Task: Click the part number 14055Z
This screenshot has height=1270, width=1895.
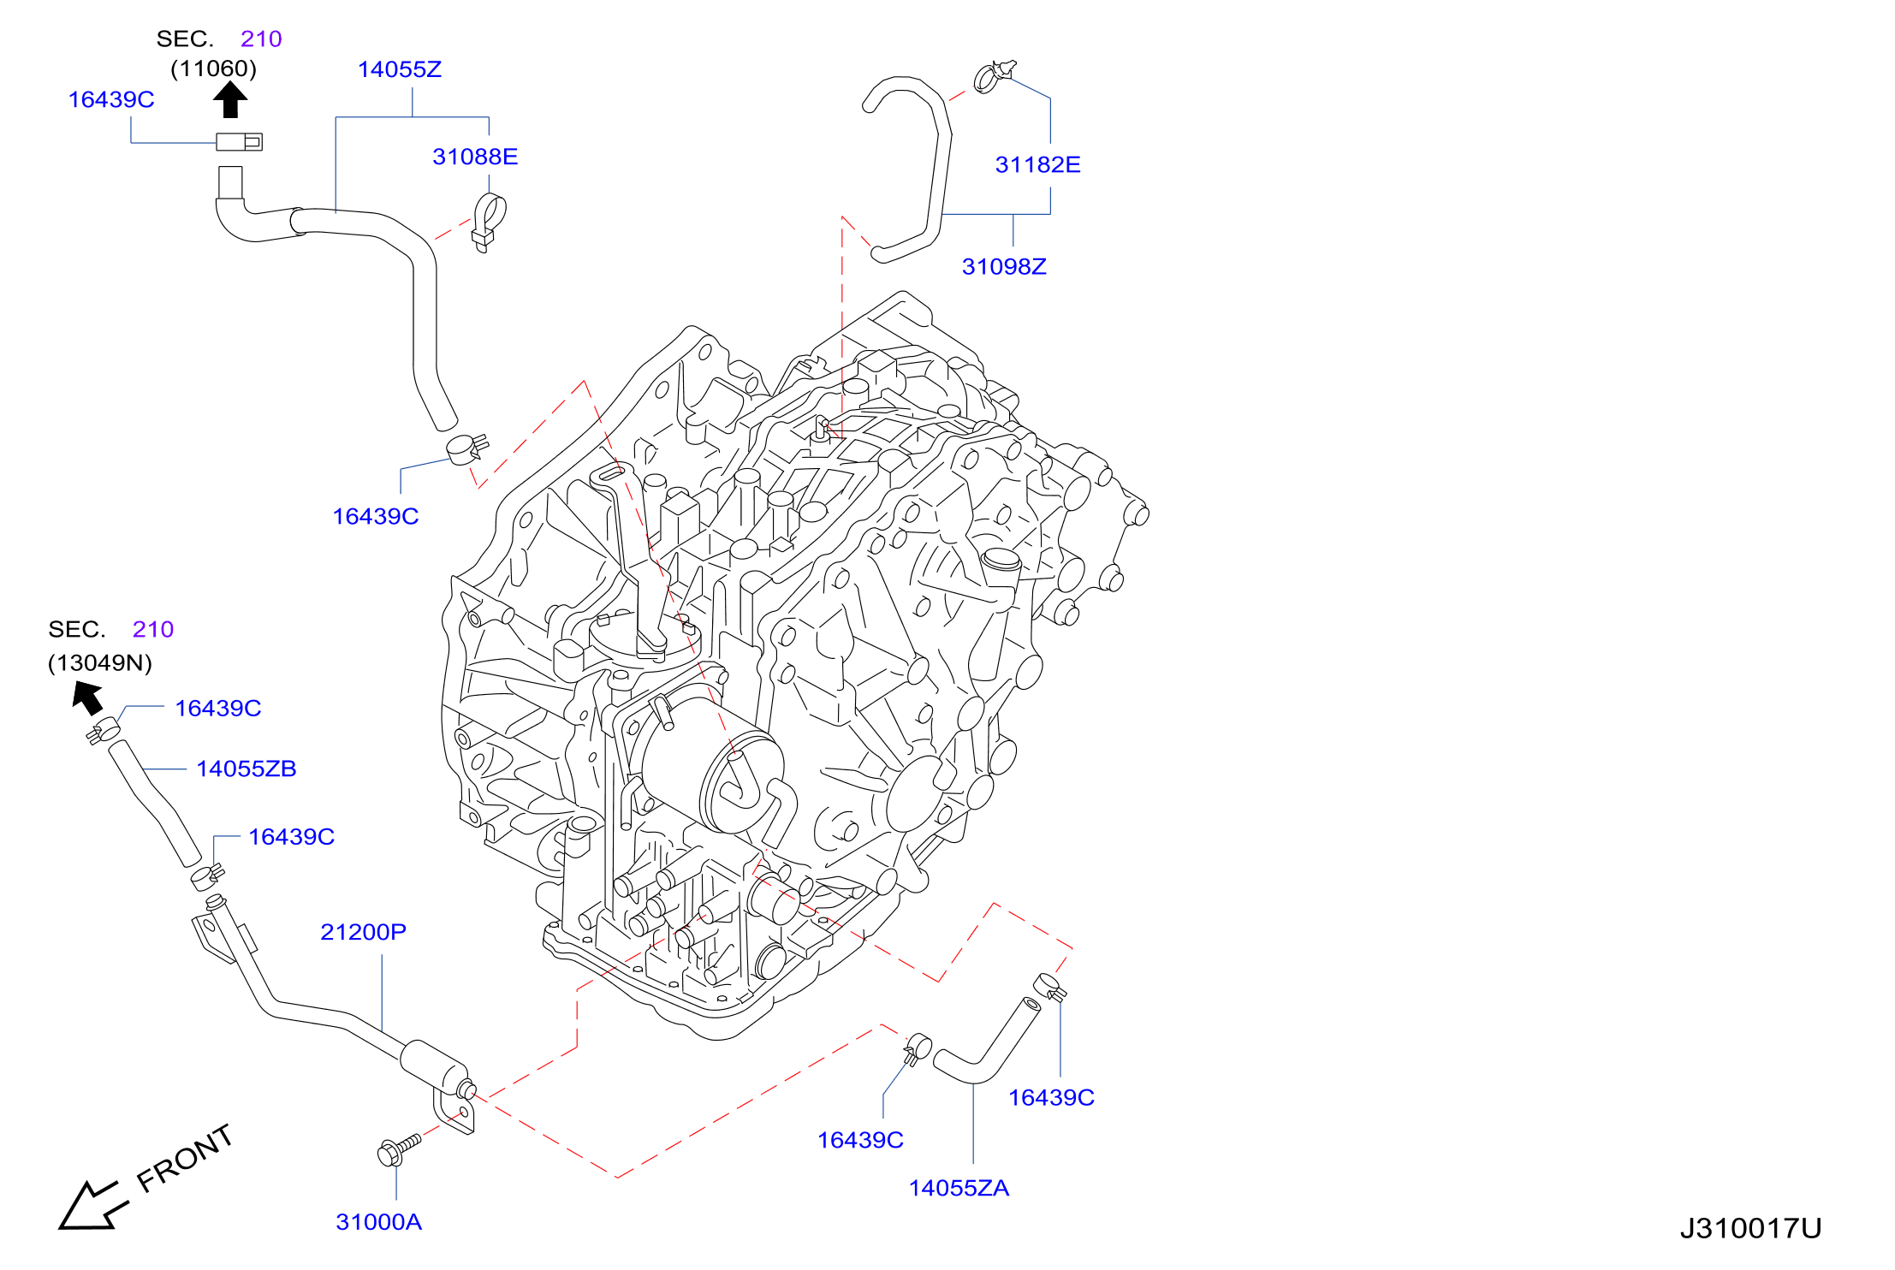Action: coord(400,69)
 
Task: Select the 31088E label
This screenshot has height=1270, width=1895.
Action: coord(475,157)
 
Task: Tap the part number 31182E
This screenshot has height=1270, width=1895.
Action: coord(1037,164)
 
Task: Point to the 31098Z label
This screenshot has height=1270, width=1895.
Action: coord(1004,266)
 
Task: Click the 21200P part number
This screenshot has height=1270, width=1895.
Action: coord(363,932)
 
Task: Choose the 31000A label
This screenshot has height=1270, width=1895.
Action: coord(378,1222)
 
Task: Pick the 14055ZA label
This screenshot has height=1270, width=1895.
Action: coord(959,1188)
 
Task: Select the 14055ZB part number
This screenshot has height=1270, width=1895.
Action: coord(247,769)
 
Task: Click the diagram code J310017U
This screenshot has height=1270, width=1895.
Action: coord(1750,1229)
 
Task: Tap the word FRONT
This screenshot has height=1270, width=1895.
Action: coord(185,1158)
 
